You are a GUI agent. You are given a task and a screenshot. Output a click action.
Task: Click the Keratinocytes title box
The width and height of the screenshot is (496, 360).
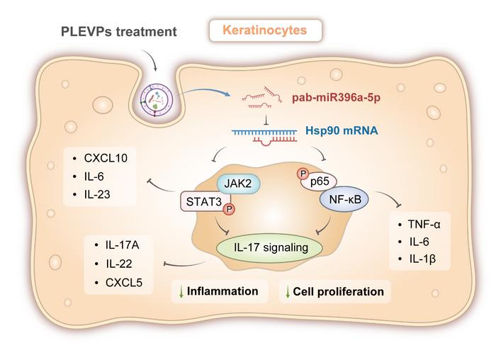pos(266,30)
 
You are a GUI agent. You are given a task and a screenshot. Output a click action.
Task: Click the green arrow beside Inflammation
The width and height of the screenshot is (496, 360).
pos(179,291)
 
